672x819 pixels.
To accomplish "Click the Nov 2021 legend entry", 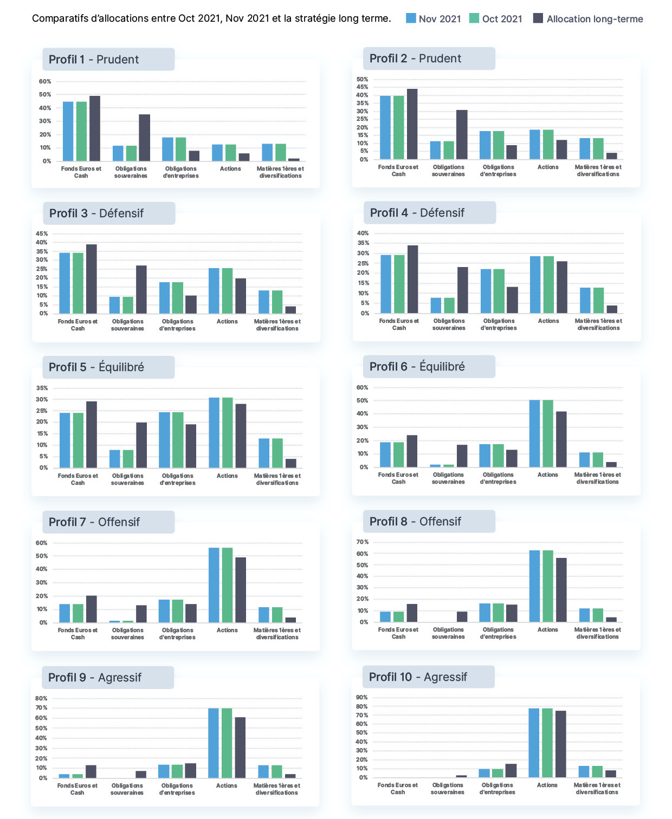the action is pos(432,18).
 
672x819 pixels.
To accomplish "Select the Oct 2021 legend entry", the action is pos(495,18).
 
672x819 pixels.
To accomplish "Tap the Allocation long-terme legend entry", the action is pos(587,18).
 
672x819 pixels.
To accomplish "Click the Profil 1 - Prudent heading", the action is pos(94,60).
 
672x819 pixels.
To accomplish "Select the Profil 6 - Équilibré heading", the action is pos(417,366).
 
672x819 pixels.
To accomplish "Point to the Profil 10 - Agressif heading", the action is pos(418,677).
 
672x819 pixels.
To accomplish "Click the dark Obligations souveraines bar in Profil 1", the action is pos(145,138).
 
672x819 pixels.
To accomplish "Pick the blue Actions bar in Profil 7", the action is pos(214,585).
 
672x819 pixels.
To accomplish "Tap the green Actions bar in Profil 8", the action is pos(548,586).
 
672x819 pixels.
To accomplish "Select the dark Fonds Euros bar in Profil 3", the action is pos(91,279).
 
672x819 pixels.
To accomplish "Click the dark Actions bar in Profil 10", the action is pos(560,744).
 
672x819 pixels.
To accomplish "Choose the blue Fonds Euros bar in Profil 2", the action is pos(385,127).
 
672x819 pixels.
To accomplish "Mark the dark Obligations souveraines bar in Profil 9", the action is pos(141,775).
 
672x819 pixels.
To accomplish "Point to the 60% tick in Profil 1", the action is pos(45,82).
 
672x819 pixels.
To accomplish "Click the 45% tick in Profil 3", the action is pos(42,234).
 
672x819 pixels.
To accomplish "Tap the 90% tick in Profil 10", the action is pos(361,698).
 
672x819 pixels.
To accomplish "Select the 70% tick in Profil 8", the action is pos(363,542).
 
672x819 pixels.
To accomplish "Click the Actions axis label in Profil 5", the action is pos(227,476).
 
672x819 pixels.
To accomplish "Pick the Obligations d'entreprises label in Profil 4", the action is pos(499,324).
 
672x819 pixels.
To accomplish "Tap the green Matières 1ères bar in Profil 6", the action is pos(598,460).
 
